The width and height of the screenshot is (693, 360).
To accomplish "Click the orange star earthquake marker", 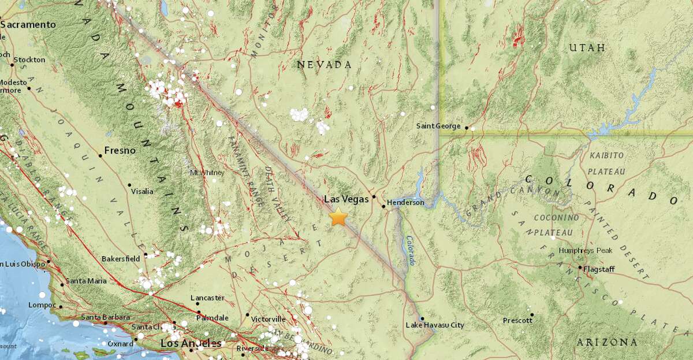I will click(x=338, y=218).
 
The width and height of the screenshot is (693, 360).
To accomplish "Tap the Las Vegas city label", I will click(x=346, y=199).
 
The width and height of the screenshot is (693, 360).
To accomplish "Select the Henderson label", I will click(x=405, y=203).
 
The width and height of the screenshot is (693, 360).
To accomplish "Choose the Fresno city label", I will click(x=120, y=151).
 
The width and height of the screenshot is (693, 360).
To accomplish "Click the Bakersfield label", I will click(x=120, y=259).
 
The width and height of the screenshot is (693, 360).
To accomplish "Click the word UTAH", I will click(x=587, y=48).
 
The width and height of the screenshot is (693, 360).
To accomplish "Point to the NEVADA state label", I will click(x=324, y=65).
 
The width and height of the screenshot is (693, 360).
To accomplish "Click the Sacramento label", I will click(x=28, y=25).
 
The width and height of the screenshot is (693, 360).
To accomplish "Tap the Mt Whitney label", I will click(x=207, y=173).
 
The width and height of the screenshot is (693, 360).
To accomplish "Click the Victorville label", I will click(x=269, y=319).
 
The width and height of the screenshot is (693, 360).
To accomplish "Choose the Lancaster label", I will click(x=207, y=298).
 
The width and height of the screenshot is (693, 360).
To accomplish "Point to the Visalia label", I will click(x=143, y=191).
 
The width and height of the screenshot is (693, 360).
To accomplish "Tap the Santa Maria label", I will click(x=86, y=281).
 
